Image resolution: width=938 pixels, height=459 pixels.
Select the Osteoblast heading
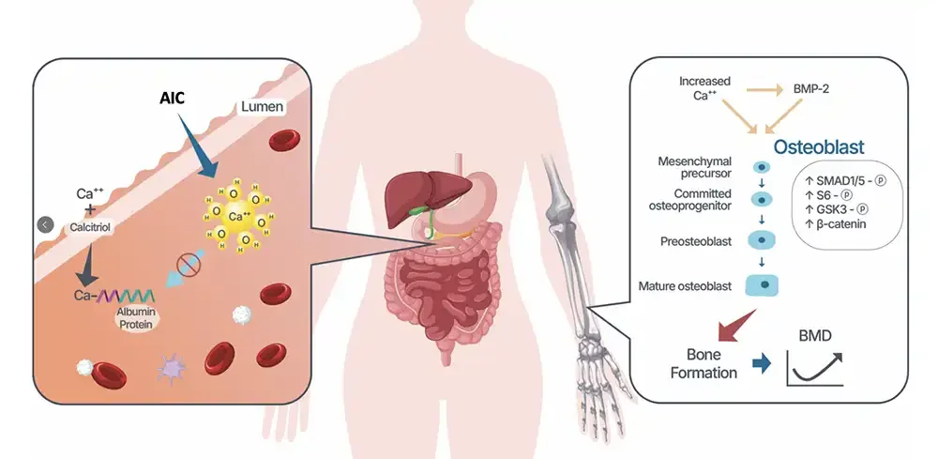(x=819, y=147)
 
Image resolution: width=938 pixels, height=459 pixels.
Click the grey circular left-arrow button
(x=44, y=224)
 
